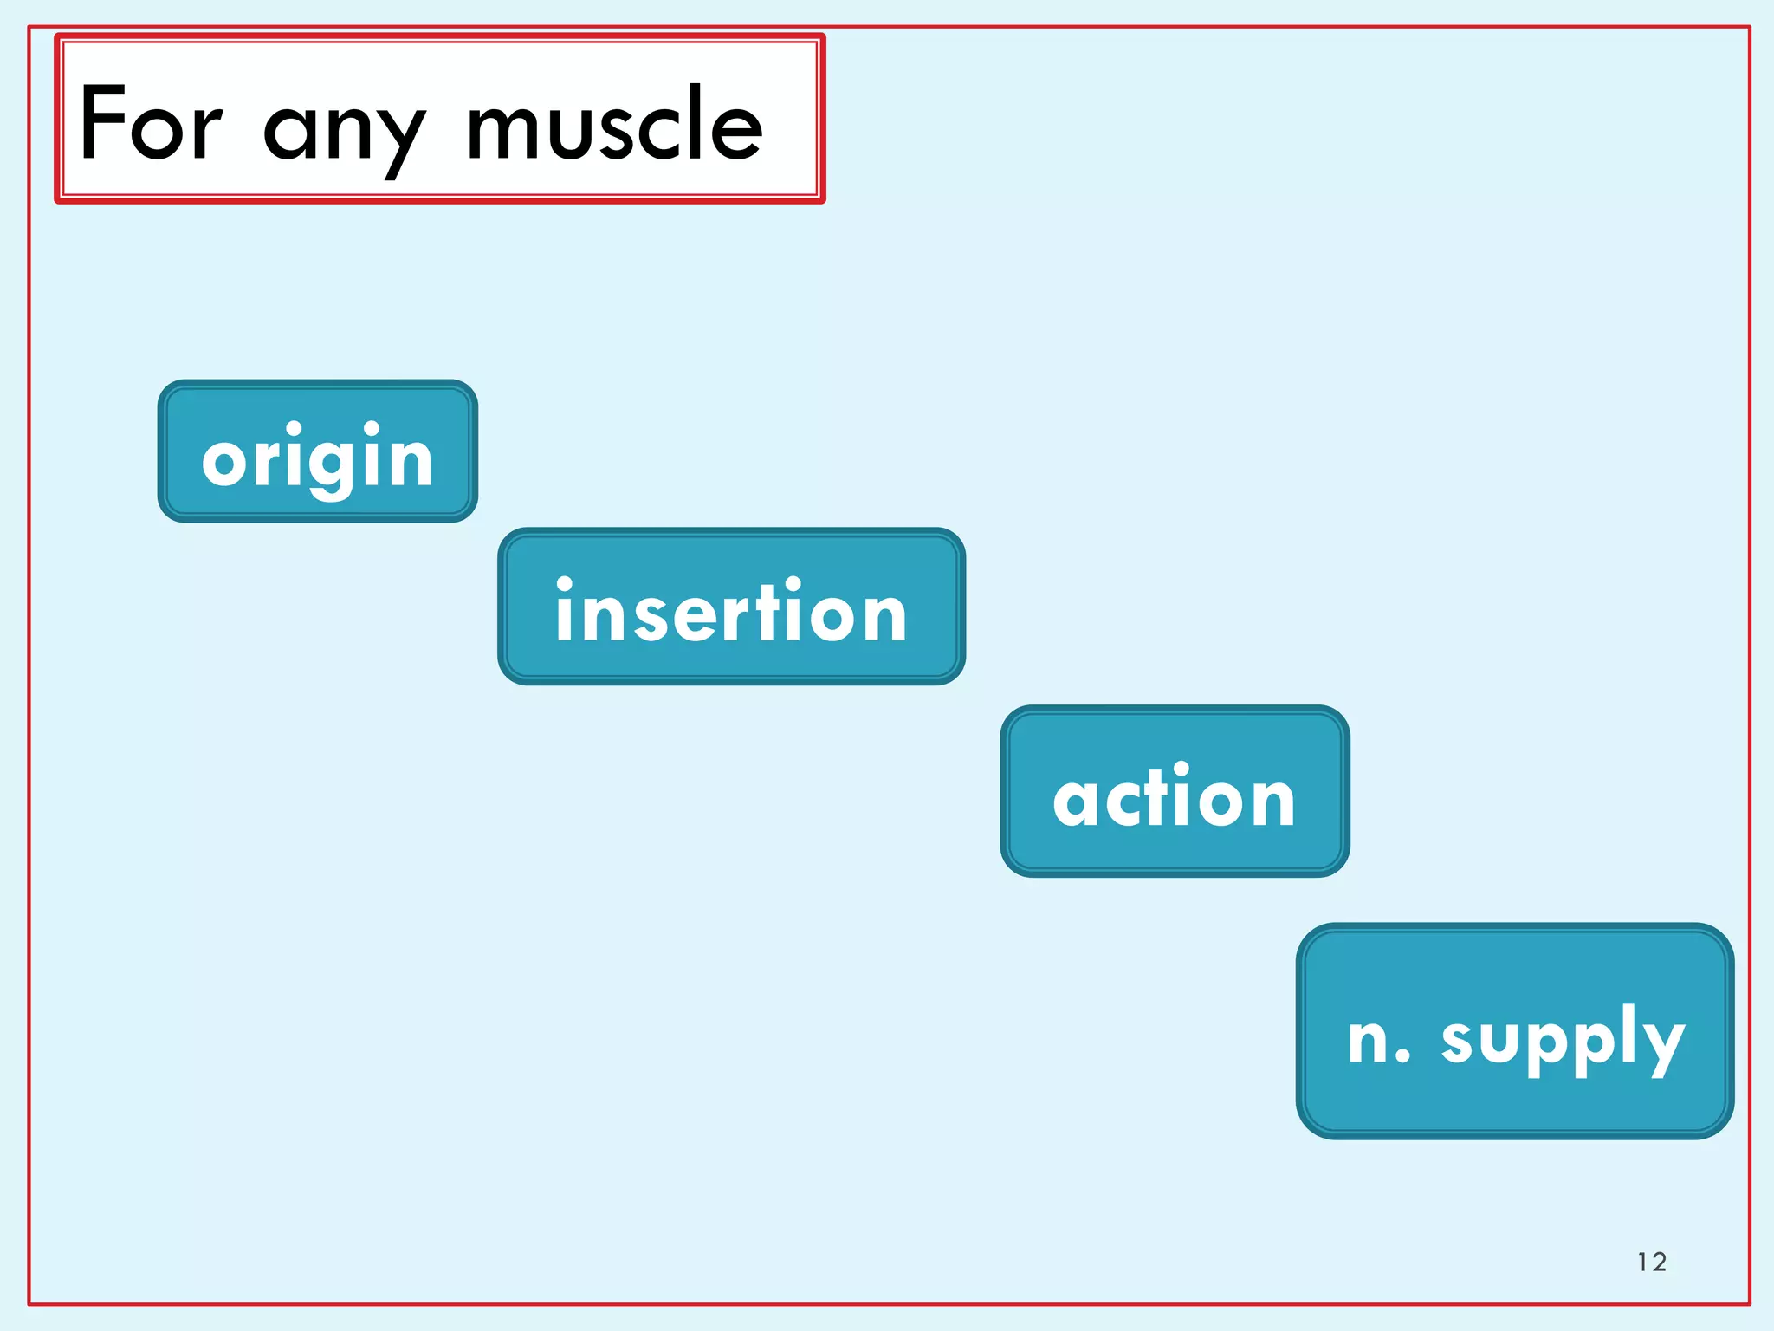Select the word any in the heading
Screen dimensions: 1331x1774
[x=344, y=130]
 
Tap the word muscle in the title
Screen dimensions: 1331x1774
[x=614, y=126]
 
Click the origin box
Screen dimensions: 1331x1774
[x=317, y=451]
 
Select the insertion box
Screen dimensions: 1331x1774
[x=731, y=607]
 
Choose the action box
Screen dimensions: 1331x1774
[x=1175, y=791]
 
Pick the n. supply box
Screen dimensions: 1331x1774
[x=1515, y=1031]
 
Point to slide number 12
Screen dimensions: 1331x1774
[x=1651, y=1262]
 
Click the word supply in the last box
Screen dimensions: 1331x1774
[x=1563, y=1040]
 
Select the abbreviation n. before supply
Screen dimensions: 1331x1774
[x=1379, y=1039]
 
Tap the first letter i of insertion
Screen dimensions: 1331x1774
[x=565, y=611]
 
